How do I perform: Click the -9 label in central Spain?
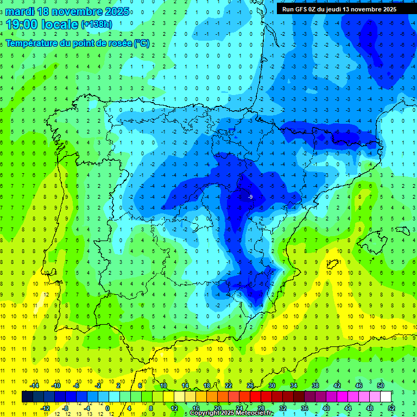click(250, 197)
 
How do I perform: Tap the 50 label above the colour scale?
click(381, 386)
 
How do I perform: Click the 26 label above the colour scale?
click(250, 386)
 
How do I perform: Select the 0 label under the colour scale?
click(108, 408)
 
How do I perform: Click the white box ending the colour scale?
click(386, 397)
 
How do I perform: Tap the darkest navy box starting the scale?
click(27, 397)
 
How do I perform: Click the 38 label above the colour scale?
click(315, 386)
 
